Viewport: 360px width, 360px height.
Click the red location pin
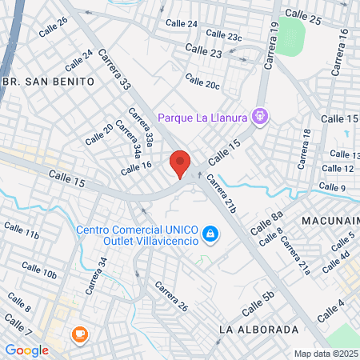[180, 163]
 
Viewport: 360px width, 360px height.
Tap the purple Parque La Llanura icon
[259, 117]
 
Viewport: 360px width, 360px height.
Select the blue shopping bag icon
[210, 234]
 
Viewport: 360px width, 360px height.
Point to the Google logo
[26, 350]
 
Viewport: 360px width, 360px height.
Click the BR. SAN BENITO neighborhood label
[49, 82]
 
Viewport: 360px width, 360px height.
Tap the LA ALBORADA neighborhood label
[258, 330]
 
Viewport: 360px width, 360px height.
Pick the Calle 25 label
[303, 17]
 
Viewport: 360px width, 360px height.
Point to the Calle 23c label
[223, 35]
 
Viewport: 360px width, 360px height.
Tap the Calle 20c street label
[202, 82]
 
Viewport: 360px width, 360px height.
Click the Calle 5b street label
[258, 304]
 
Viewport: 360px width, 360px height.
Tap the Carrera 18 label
[303, 149]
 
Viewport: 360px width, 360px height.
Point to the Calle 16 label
[136, 167]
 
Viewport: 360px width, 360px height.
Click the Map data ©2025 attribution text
[326, 354]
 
